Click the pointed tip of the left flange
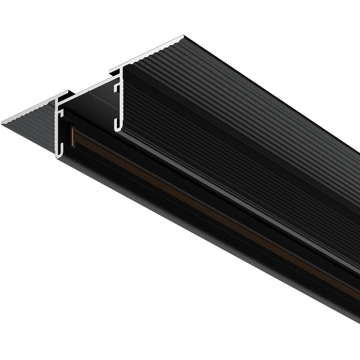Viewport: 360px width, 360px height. (x=3, y=123)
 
